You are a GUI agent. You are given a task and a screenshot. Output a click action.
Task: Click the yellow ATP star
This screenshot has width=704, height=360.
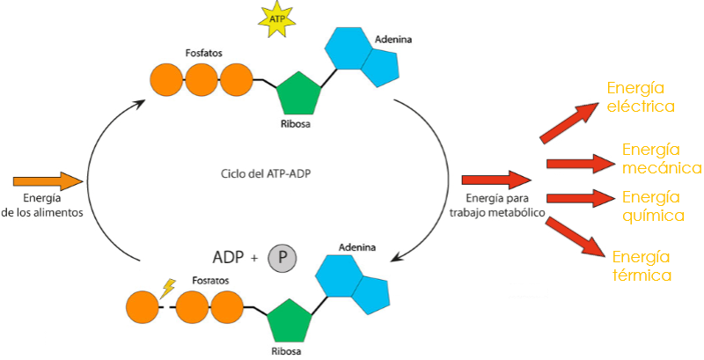(x=277, y=18)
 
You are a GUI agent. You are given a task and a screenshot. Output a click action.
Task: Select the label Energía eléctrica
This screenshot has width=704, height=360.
(x=640, y=97)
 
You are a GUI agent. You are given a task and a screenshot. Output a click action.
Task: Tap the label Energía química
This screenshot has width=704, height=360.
(x=652, y=205)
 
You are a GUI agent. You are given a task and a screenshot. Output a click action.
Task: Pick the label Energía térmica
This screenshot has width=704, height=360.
(x=642, y=266)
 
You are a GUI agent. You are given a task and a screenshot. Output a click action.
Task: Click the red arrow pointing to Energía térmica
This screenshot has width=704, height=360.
(x=576, y=238)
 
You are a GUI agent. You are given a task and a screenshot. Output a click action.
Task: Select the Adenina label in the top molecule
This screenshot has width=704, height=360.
(x=392, y=40)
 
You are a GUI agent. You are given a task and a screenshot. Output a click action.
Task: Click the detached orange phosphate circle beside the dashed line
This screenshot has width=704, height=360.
(x=142, y=308)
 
